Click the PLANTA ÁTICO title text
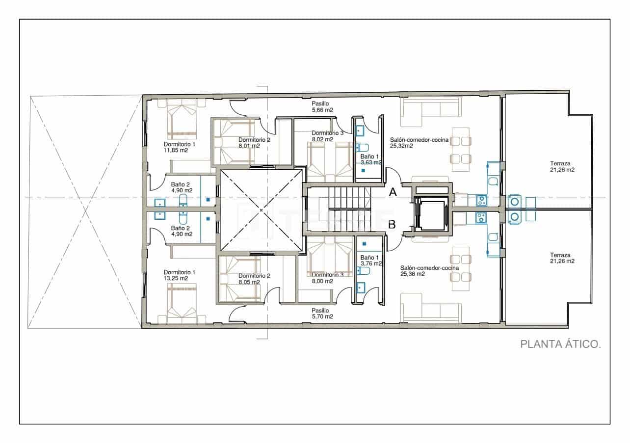(x=560, y=344)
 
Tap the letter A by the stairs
(x=393, y=193)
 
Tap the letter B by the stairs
(x=393, y=225)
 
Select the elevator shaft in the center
(x=431, y=214)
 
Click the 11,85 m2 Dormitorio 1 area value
(x=176, y=151)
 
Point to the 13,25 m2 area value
(x=176, y=278)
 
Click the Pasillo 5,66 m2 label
(x=322, y=107)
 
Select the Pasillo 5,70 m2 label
(x=322, y=313)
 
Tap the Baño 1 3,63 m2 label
(x=370, y=158)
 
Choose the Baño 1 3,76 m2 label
(x=370, y=261)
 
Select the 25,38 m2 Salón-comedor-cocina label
(x=429, y=271)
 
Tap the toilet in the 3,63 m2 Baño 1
(x=363, y=147)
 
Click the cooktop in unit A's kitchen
(x=481, y=200)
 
